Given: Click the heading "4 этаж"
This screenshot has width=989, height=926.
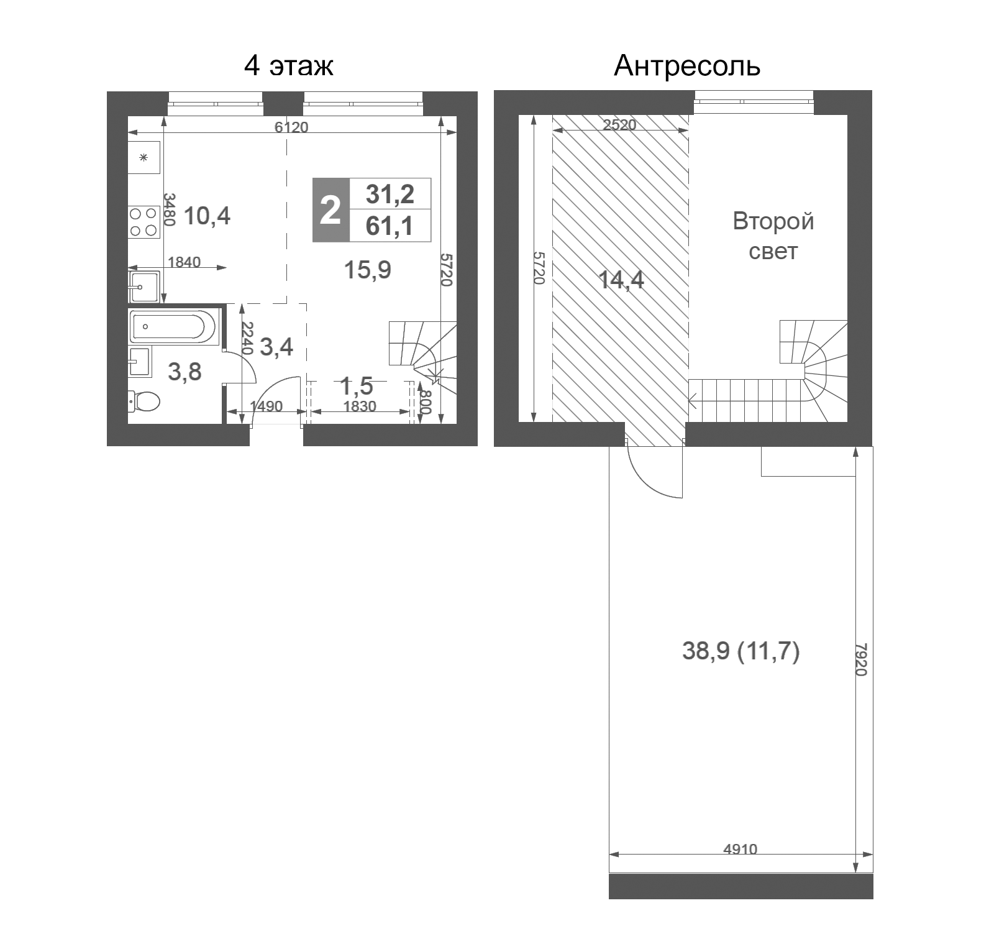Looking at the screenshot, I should (289, 65).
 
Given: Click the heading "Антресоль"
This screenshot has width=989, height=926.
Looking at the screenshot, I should (686, 65).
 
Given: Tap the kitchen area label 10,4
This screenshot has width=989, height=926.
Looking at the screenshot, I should (207, 216).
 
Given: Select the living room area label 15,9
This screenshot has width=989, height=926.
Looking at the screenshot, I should (367, 270).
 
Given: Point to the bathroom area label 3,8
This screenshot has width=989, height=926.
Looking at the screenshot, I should (185, 372).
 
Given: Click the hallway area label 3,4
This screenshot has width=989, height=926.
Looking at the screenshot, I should (276, 347).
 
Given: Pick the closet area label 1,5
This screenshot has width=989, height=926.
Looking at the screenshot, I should (357, 386).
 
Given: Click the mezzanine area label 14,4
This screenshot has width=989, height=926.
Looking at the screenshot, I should (621, 280).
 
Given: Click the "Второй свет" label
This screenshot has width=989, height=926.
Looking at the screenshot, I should (773, 236).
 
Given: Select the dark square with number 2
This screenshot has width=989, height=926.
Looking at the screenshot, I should (330, 210).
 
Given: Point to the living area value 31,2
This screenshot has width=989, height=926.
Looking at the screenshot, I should (390, 194).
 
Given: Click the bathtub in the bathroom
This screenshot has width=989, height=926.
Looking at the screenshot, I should (173, 326).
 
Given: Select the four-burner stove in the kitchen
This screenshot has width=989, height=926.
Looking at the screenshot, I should (144, 222).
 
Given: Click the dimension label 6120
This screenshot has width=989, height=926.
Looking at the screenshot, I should (291, 127).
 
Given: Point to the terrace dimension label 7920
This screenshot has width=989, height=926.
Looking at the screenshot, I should (860, 659).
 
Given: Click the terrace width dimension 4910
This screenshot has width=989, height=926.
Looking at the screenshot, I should (741, 849).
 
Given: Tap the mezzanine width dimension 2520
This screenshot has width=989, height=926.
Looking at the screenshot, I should (620, 124).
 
